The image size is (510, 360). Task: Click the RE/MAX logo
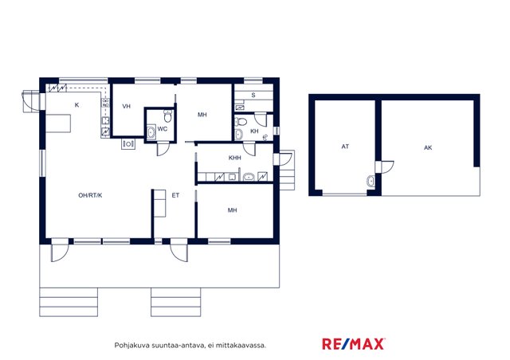coord(354,344)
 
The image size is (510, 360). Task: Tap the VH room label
coord(126,107)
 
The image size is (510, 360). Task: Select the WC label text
coord(163,129)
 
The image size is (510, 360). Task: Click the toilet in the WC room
coord(168,115)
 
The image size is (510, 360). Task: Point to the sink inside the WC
coord(151,132)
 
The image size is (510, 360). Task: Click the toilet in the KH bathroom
coord(241,122)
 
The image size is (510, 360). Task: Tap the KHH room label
coord(234,158)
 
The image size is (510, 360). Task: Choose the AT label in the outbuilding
coord(345,147)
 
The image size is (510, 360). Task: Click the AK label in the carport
coord(428,147)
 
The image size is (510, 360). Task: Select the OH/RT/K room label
coord(90,195)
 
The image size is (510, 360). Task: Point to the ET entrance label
coord(175,195)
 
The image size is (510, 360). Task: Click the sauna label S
coord(253,96)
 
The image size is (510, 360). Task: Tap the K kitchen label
coord(76,105)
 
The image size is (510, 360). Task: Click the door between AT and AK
coord(385,166)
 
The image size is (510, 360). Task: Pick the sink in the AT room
coord(371,181)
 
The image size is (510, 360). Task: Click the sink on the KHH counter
coord(248,177)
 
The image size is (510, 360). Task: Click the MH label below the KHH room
coord(232,210)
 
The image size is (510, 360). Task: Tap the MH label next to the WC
coord(202,115)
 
